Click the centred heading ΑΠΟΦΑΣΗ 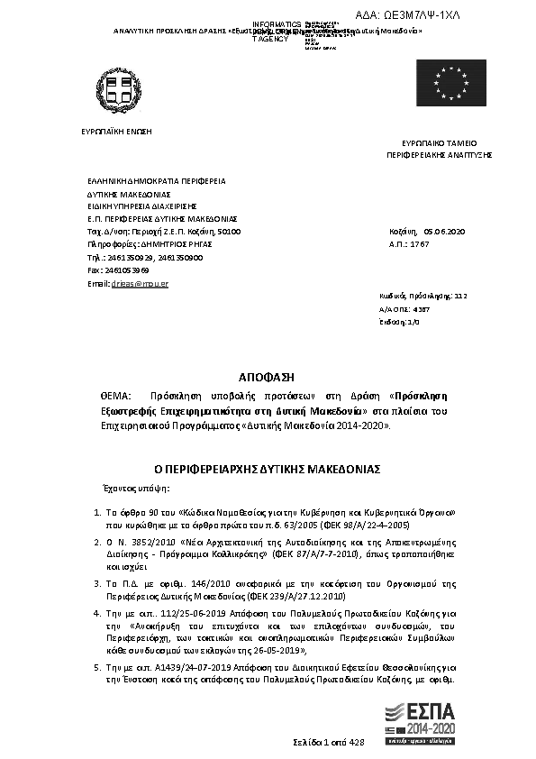coord(267,375)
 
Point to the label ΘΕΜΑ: coord(115,396)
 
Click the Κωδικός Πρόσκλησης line coord(422,296)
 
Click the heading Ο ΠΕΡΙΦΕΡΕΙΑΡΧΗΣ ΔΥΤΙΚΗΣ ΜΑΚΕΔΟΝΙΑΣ coord(267,470)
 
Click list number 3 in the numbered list coord(97,584)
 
